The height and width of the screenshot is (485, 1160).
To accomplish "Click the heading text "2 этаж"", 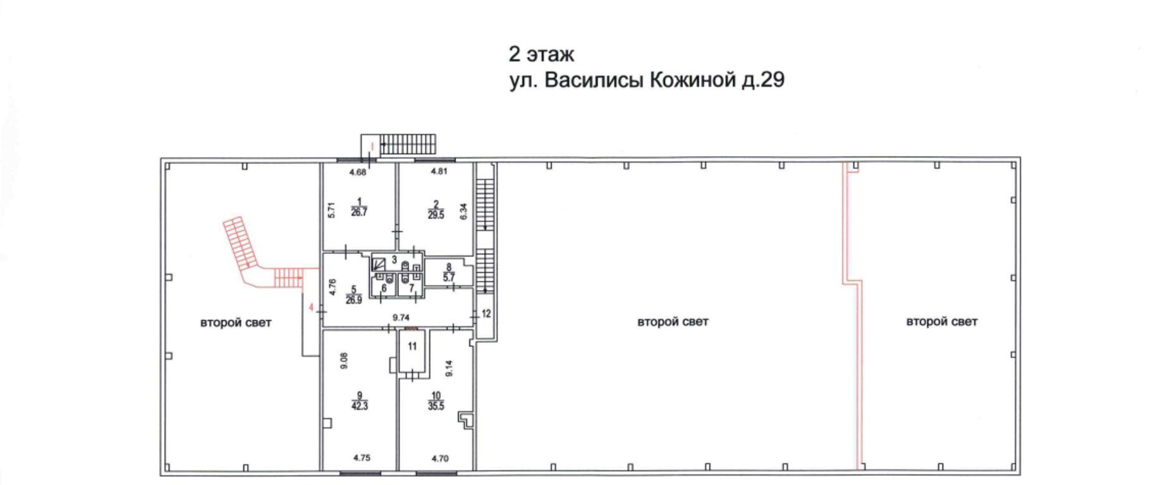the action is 541,54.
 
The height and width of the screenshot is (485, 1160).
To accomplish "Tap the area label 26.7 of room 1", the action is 359,212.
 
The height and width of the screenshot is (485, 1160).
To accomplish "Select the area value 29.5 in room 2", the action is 436,215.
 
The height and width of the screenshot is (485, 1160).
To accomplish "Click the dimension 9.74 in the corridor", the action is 401,318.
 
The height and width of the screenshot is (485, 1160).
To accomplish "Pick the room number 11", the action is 412,347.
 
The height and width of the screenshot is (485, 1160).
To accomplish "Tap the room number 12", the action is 486,314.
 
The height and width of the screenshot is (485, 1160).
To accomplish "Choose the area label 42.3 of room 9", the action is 359,406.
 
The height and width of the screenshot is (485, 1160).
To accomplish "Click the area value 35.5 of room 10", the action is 436,406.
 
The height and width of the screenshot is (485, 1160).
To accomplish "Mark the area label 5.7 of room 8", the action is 449,277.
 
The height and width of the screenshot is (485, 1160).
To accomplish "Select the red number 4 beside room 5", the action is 311,307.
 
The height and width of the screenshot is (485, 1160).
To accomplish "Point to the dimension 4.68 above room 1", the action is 358,172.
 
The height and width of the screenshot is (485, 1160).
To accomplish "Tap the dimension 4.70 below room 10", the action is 439,458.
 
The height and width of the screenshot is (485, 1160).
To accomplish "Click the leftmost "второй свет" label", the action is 236,322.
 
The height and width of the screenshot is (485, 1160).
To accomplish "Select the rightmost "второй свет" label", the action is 942,321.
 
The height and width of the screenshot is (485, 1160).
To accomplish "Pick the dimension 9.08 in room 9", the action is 344,360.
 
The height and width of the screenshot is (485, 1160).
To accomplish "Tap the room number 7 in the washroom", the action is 412,288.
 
